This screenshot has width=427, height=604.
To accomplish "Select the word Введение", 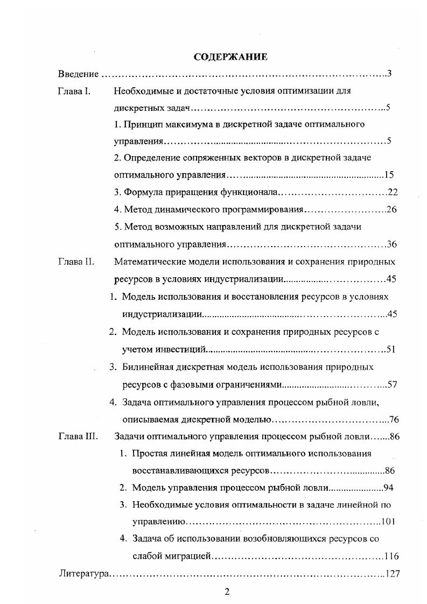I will point(78,74).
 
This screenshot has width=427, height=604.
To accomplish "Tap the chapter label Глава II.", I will point(76,262).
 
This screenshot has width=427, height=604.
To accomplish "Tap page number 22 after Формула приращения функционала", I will point(393,192).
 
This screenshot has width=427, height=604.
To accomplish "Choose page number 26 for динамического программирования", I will point(391,209).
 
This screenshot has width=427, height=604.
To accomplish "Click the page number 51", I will point(391,349).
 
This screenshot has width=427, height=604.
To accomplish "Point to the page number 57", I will point(392,384).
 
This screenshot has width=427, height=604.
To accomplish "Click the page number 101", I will point(389,522).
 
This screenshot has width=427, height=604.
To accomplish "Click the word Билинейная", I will point(144,367).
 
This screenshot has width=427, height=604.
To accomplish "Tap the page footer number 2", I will point(227,592).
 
